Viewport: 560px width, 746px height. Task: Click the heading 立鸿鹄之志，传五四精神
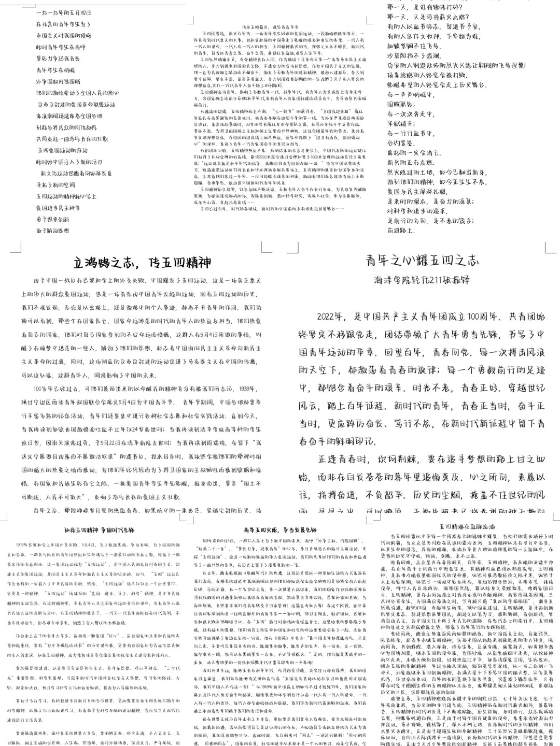(x=142, y=262)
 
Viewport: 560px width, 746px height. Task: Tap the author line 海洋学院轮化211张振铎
(x=423, y=280)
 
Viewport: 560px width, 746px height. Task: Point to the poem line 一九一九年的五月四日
(x=64, y=12)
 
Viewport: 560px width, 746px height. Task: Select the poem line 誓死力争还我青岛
(x=59, y=59)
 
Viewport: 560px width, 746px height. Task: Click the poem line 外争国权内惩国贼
(x=59, y=81)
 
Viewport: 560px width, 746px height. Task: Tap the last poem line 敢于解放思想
(x=52, y=231)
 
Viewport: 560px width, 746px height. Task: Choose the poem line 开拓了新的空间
(x=55, y=185)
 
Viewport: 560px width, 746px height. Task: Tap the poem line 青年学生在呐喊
(x=55, y=70)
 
